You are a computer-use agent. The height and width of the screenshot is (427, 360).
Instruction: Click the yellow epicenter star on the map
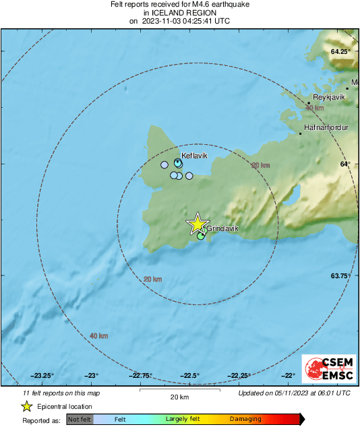(197, 224)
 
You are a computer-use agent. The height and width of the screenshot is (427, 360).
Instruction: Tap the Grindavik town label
(222, 229)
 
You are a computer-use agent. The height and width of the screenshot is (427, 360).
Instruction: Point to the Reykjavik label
(329, 97)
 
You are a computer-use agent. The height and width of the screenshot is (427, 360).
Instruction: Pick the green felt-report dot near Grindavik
(201, 236)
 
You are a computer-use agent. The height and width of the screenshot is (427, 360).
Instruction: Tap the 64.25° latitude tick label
(341, 52)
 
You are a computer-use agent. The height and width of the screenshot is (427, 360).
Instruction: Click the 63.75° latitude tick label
(341, 276)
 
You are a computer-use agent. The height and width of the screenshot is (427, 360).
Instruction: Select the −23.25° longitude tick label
(42, 376)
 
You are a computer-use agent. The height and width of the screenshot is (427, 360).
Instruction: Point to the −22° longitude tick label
(288, 376)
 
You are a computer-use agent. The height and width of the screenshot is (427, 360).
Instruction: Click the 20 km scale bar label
(179, 397)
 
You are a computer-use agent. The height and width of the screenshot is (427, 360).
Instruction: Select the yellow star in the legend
(26, 406)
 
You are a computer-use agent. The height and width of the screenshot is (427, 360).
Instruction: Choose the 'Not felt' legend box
(80, 420)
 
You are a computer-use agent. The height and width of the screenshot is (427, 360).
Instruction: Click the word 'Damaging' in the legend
(245, 420)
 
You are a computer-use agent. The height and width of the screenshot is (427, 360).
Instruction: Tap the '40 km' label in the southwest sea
(98, 335)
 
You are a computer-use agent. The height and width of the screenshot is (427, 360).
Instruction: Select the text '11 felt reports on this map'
(61, 393)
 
